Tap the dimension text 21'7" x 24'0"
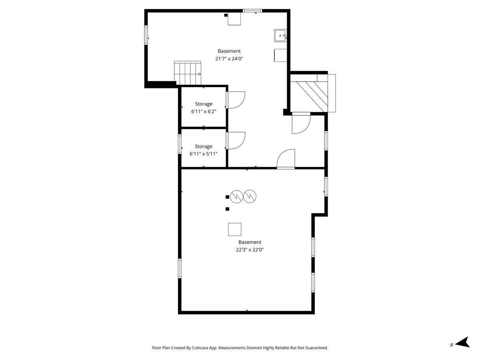pos(229,58)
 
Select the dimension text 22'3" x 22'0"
pos(250,250)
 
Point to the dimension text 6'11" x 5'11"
pos(203,154)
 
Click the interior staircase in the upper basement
pos(188,73)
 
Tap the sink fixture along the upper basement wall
pos(280,36)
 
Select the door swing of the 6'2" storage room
pos(236,100)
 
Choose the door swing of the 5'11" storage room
pos(236,140)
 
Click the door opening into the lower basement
pos(286,159)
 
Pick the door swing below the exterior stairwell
pos(301,123)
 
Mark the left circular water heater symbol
pos(236,197)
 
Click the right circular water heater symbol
pos(250,196)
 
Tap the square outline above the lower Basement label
pos(235,229)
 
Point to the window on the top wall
pos(252,11)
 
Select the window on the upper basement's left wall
pos(146,35)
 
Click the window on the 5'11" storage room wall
pos(180,144)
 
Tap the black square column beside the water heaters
pos(228,197)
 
